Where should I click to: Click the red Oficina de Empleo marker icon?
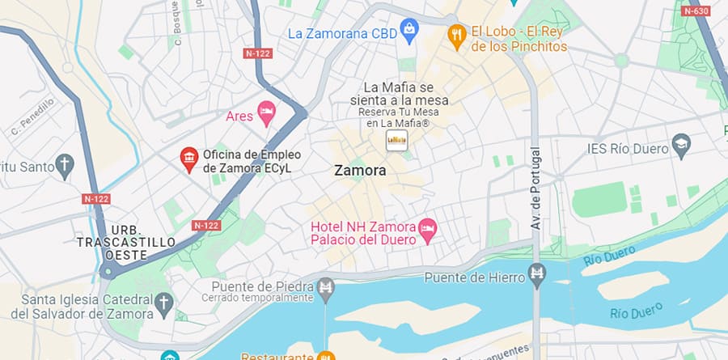click(189, 159)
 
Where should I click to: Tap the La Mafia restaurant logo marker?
click(396, 140)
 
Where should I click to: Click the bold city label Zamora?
click(360, 172)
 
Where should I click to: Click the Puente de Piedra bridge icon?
click(326, 286)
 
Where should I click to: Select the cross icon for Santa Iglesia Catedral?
click(164, 304)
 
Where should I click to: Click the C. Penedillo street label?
click(32, 116)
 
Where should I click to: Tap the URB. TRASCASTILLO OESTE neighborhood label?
click(125, 243)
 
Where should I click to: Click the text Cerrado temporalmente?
click(262, 298)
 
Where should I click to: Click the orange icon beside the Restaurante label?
click(326, 356)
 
